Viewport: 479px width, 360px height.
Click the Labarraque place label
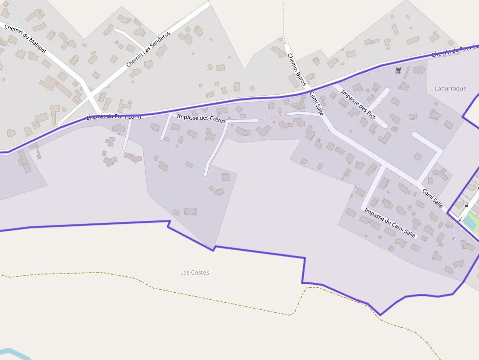pos(450,88)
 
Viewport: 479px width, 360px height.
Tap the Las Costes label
pos(195,273)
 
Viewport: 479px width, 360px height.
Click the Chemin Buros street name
pos(297,69)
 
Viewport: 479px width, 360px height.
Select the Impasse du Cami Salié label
pos(390,223)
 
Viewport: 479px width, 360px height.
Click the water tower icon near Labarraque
pos(398,71)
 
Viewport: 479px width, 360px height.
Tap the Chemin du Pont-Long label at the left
pos(113,117)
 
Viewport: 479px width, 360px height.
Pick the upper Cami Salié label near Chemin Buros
pos(317,103)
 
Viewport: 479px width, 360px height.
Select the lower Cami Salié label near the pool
pos(432,198)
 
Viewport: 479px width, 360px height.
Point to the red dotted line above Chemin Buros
pos(283,20)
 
